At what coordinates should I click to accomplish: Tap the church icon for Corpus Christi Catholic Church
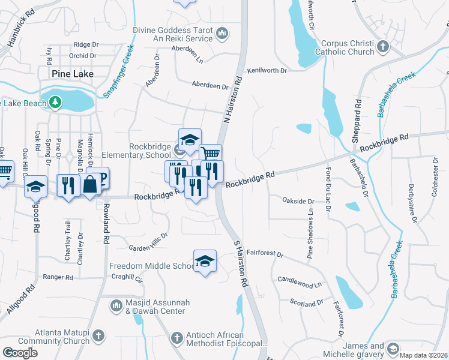coord(383,46)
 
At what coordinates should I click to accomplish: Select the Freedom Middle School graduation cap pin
coord(205,261)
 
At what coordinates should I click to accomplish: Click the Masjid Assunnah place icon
coord(116,306)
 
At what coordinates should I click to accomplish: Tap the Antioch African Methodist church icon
coord(176,338)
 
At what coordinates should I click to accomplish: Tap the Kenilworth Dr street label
coord(267,70)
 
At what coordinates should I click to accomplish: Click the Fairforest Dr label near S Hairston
coord(264,254)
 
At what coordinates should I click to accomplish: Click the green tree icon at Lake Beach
coord(55,103)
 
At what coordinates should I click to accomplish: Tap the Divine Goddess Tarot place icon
coord(222,32)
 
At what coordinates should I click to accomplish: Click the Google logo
coord(20,352)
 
